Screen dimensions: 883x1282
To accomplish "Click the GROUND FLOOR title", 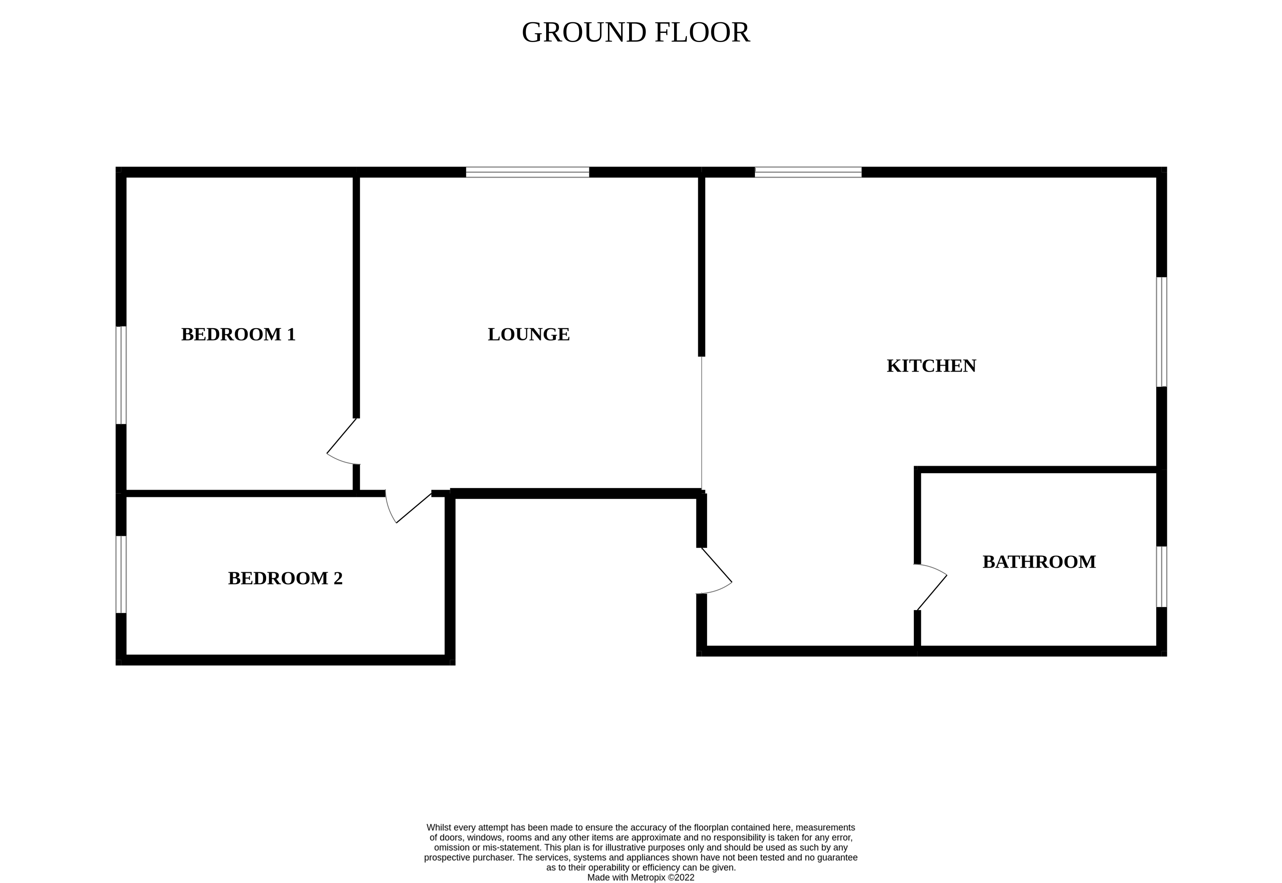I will (635, 33).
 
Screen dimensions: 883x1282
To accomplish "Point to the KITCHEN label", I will (931, 366).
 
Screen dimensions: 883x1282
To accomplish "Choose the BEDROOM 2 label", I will (285, 579).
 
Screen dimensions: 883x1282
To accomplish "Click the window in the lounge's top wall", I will (527, 172).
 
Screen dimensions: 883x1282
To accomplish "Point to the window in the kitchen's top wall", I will (808, 172).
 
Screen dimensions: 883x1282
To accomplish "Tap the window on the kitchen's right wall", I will (1161, 332).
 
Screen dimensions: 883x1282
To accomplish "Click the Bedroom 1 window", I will (121, 375).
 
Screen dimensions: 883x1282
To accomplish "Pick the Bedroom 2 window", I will (121, 574).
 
